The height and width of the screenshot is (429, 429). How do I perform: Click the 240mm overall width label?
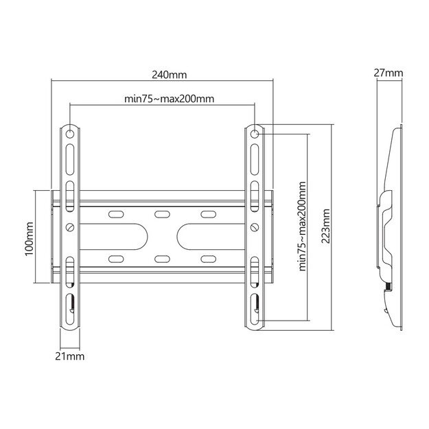163,74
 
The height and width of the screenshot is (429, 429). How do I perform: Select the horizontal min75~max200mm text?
169,98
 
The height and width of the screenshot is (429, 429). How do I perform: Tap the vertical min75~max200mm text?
302,227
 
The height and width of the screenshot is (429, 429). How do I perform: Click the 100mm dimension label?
29,237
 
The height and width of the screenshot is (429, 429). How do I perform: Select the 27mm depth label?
389,73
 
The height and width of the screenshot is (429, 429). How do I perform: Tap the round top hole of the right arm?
254,132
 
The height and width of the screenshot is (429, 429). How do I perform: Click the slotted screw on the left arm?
71,226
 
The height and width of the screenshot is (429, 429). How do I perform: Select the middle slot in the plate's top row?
162,215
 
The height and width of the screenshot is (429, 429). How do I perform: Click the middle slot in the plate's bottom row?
162,259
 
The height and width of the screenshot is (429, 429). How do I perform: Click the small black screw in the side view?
388,286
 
